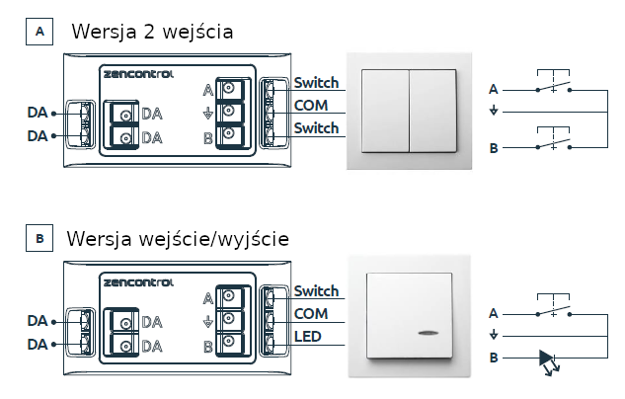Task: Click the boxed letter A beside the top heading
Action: [x=39, y=33]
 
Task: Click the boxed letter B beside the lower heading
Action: [x=39, y=239]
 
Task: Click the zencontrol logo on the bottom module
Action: [x=137, y=282]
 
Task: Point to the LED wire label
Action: [x=309, y=337]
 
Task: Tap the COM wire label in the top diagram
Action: [x=310, y=106]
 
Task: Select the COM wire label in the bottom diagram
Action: [x=310, y=314]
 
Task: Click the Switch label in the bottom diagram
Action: [x=316, y=291]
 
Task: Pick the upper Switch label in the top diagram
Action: [x=316, y=83]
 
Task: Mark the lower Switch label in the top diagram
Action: [x=316, y=128]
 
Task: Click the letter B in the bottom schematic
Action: [x=494, y=358]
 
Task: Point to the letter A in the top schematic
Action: [x=494, y=89]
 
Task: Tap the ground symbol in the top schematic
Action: [x=494, y=110]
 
